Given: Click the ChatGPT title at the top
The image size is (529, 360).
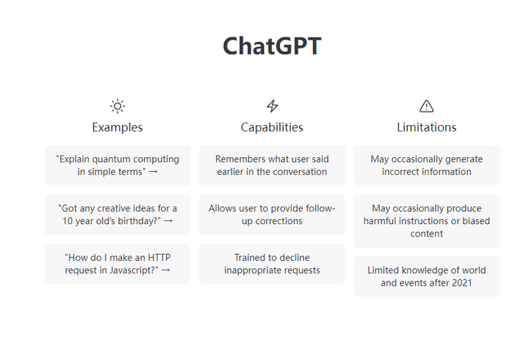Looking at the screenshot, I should pyautogui.click(x=272, y=46).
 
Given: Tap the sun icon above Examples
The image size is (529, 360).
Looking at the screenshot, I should pyautogui.click(x=118, y=106).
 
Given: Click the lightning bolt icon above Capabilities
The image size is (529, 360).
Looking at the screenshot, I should pyautogui.click(x=272, y=106).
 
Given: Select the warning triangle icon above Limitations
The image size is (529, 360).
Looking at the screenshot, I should pyautogui.click(x=426, y=106).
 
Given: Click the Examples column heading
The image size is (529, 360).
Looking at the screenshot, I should pyautogui.click(x=118, y=127).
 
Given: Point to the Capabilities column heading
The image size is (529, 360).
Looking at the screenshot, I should pyautogui.click(x=272, y=127).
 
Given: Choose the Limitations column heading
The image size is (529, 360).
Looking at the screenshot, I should pyautogui.click(x=426, y=127).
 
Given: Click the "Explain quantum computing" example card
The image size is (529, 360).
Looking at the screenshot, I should pyautogui.click(x=118, y=165).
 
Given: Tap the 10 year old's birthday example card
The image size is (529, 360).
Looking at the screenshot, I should pyautogui.click(x=118, y=215).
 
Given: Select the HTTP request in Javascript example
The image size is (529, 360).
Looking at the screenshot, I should pyautogui.click(x=118, y=264).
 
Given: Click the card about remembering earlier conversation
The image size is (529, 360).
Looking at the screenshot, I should pyautogui.click(x=272, y=165).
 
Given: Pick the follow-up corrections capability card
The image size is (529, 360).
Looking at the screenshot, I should pyautogui.click(x=272, y=215).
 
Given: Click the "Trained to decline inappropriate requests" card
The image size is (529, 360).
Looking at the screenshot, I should pyautogui.click(x=272, y=264).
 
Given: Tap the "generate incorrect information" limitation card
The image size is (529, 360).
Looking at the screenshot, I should pyautogui.click(x=426, y=165).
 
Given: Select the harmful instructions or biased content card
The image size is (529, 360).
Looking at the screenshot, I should pyautogui.click(x=426, y=221).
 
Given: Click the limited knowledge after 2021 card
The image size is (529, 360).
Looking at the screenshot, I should pyautogui.click(x=426, y=276).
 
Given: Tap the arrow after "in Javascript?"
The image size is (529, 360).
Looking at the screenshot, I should pyautogui.click(x=165, y=270).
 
